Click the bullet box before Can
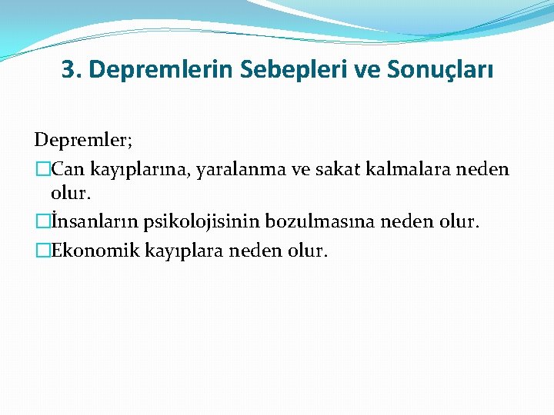coord(42,169)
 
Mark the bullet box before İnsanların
coord(42,222)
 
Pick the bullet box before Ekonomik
coord(42,250)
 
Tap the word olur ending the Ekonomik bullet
coord(308,250)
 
